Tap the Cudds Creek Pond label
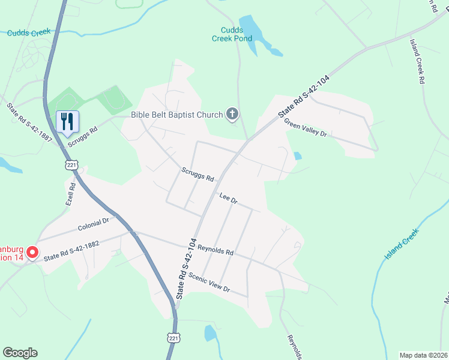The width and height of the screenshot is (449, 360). click(x=232, y=34)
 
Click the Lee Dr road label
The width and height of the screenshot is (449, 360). click(x=229, y=199)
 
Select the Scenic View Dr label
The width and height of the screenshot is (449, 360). click(x=209, y=282)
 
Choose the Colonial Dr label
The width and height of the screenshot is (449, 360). click(x=93, y=224)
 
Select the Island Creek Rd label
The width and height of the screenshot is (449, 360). click(x=417, y=61)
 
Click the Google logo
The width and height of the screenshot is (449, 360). click(x=20, y=353)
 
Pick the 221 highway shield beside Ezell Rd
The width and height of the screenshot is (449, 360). click(x=71, y=164)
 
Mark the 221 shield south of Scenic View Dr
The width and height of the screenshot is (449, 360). click(x=172, y=338)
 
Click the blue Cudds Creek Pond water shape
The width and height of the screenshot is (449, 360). click(x=252, y=30)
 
